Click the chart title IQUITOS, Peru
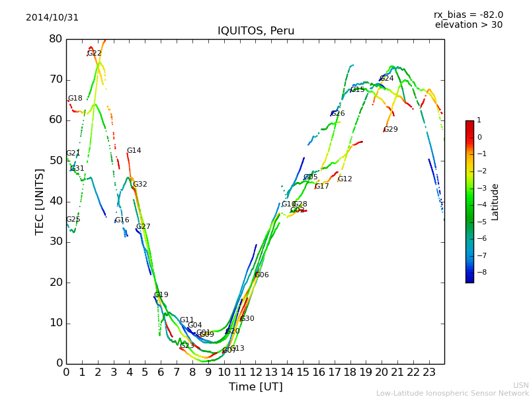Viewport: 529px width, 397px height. pos(256,31)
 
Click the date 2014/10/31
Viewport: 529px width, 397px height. pos(52,18)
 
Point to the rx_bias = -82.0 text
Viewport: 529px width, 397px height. pos(468,15)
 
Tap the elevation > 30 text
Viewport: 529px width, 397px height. pos(468,25)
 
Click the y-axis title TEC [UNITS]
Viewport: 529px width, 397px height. pos(40,201)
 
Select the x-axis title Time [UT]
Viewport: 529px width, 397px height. pos(255,386)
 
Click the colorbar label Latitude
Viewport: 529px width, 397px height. pos(495,202)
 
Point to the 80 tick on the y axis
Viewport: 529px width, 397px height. pos(56,39)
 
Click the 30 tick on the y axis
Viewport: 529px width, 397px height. pos(56,242)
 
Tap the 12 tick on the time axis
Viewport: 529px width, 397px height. pos(255,372)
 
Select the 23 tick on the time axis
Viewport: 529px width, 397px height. pos(428,372)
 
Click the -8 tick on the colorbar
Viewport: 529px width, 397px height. pos(479,271)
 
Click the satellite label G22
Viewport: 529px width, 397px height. pos(95,54)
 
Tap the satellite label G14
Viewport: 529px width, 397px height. pos(134,151)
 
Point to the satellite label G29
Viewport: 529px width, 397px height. pos(390,130)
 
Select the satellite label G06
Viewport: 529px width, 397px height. pos(261,275)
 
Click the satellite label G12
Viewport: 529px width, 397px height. pos(345,179)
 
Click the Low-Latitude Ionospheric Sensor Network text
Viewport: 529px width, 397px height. pos(452,393)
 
